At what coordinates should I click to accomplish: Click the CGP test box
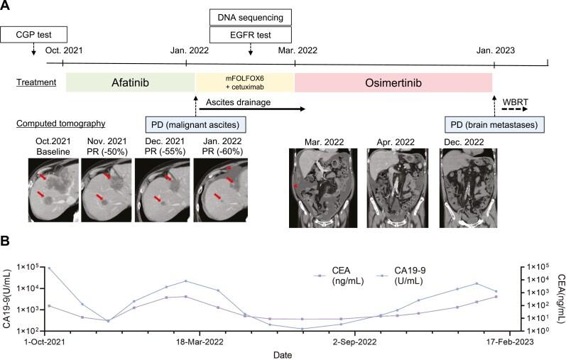(33, 33)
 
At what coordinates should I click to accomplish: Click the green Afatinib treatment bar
(126, 82)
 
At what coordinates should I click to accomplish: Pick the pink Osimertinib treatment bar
(393, 82)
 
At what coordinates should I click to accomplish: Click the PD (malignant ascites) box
(196, 124)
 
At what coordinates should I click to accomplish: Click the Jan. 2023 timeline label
(495, 51)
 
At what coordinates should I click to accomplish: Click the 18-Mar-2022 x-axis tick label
(200, 342)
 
